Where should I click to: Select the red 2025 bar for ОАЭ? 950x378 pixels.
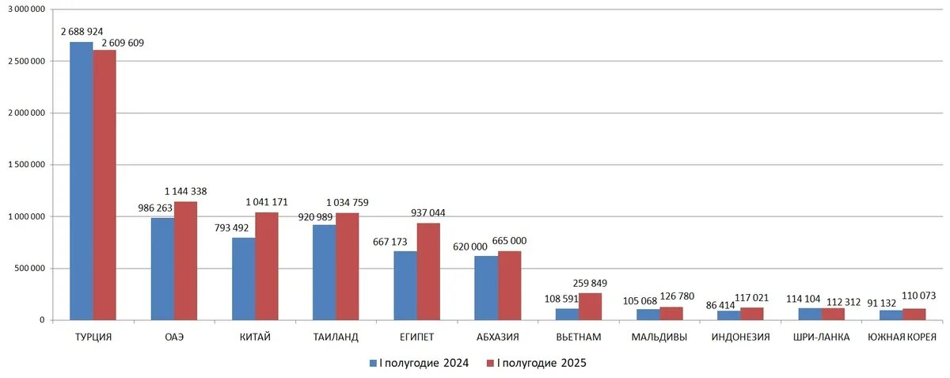coord(185,261)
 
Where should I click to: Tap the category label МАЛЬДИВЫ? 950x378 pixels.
coord(659,338)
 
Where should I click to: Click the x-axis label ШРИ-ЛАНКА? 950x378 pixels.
coord(821,338)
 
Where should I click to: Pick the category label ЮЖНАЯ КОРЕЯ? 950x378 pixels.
coord(902,338)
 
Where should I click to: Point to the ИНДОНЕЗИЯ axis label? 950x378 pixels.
coord(740,338)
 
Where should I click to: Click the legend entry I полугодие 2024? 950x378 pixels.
coord(419,363)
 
